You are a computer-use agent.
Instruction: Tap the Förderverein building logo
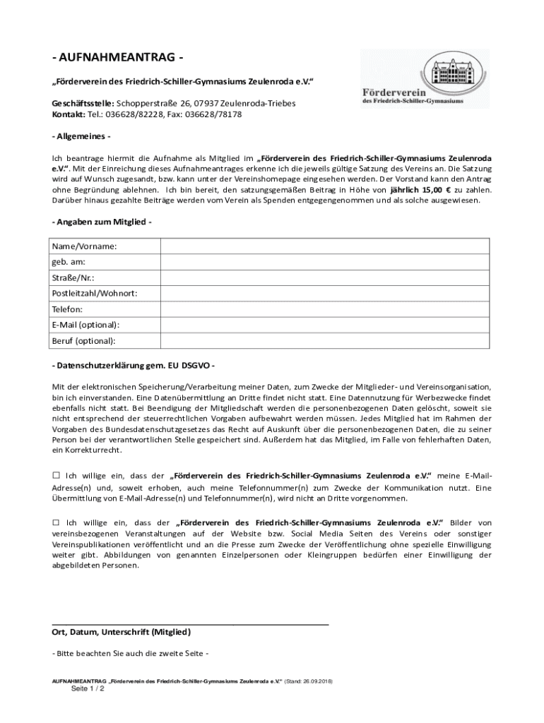(424, 78)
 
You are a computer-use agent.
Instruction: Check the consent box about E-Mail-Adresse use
(56, 475)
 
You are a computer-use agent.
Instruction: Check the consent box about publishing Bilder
(56, 522)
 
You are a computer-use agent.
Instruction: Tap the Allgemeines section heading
(81, 136)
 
